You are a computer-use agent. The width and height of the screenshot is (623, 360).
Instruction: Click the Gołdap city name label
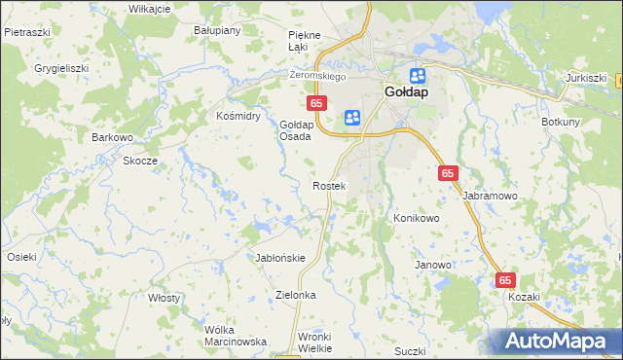tap(403, 94)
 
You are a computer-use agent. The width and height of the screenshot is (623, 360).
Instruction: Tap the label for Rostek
tap(328, 185)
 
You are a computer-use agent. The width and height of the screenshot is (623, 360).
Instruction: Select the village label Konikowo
tap(417, 218)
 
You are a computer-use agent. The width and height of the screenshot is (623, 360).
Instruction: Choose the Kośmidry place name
tap(238, 115)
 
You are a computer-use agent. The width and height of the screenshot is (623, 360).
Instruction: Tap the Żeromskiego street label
tap(319, 76)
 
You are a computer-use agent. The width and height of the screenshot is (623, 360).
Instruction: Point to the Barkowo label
tap(112, 137)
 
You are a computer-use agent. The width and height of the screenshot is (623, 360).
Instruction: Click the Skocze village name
tap(139, 161)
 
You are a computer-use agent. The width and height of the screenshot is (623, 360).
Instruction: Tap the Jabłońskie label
tap(280, 258)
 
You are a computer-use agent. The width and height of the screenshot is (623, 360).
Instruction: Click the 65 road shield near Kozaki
tap(504, 280)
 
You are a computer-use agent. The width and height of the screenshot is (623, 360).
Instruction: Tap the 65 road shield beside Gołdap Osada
tap(315, 101)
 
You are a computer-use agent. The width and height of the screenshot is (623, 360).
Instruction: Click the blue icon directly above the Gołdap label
tap(418, 75)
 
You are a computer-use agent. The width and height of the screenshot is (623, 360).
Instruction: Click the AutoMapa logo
tap(555, 342)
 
